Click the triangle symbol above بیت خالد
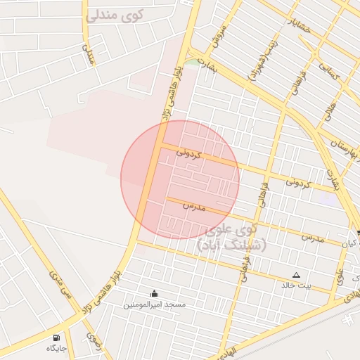click(296, 275)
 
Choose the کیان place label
click(350, 243)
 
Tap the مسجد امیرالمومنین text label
click(155, 304)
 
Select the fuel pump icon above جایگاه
click(57, 337)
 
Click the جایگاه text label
click(57, 348)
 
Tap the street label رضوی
click(93, 341)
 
